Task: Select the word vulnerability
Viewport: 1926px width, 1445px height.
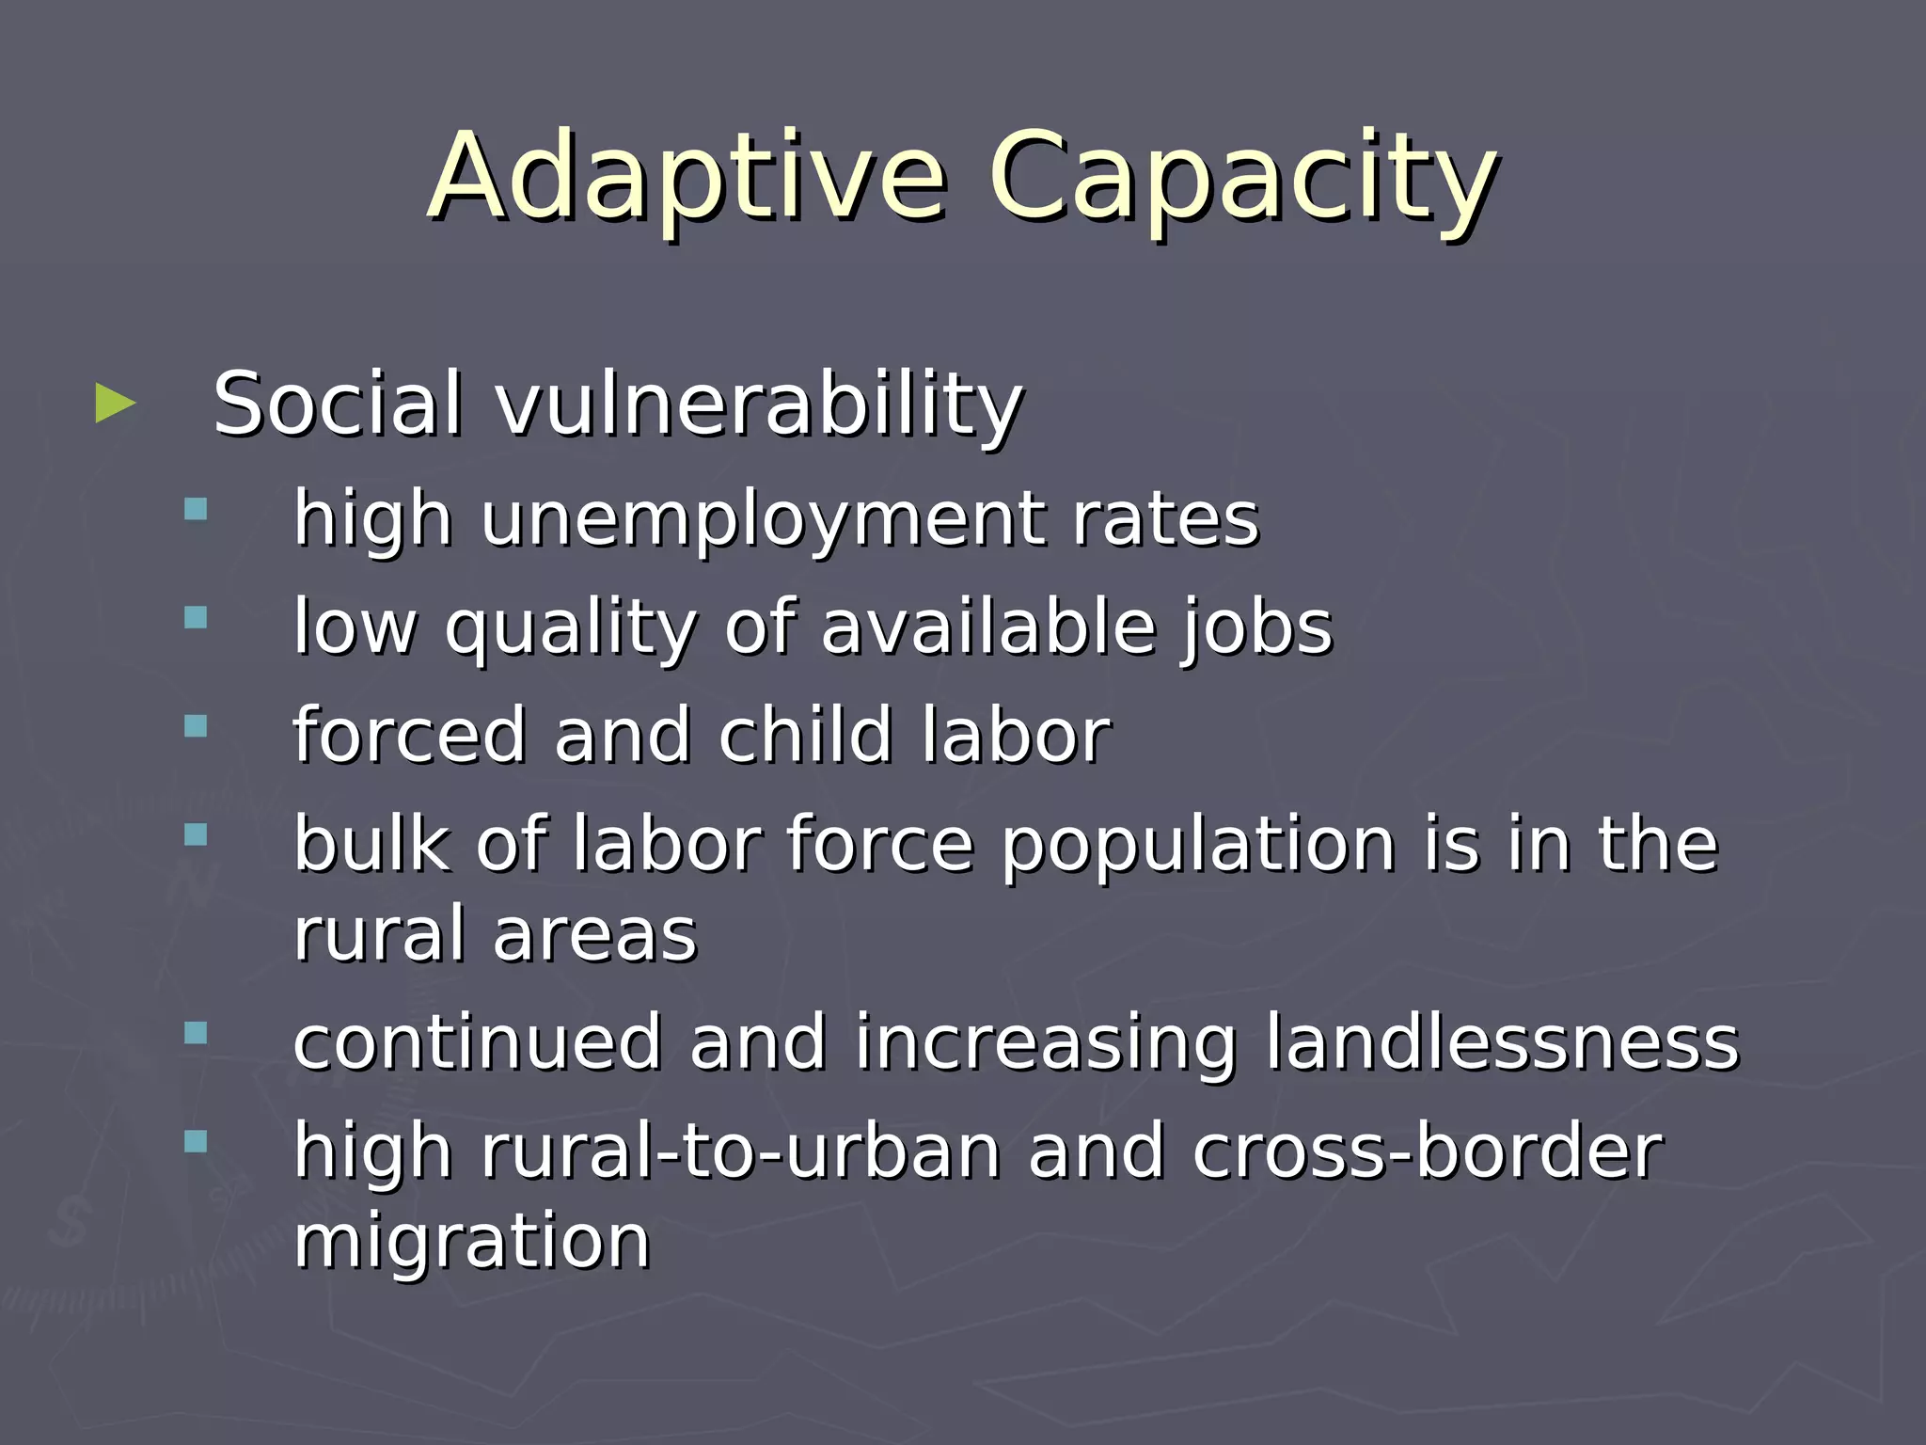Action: tap(759, 405)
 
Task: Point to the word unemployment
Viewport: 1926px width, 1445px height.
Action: tap(764, 519)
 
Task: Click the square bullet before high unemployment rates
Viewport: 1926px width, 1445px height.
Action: tap(196, 510)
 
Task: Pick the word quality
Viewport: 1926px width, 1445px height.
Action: tap(571, 627)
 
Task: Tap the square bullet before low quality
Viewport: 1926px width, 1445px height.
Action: tap(196, 618)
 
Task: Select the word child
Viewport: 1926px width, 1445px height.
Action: tap(805, 735)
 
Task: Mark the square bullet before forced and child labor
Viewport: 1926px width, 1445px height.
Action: tap(196, 726)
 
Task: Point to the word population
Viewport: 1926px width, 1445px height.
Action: tap(1197, 844)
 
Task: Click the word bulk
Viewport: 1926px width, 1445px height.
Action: tap(371, 844)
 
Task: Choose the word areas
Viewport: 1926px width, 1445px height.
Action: tap(594, 935)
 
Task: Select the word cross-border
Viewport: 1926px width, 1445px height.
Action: tap(1428, 1151)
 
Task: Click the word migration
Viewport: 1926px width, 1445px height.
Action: tap(472, 1242)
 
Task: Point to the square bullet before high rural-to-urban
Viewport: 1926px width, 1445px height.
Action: tap(196, 1142)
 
